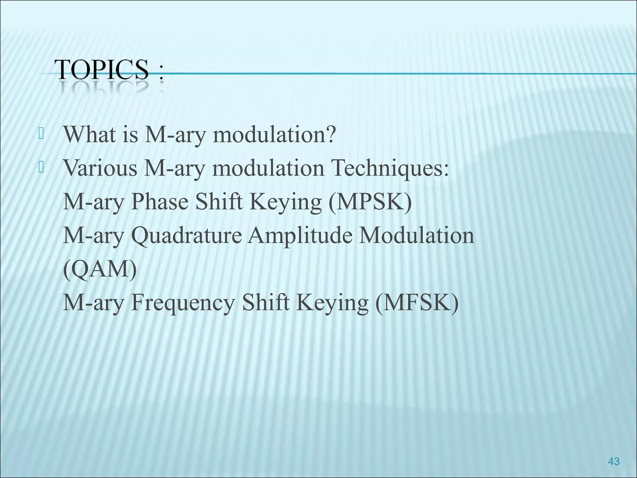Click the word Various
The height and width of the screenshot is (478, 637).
100,168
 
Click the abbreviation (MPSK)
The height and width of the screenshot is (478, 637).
370,202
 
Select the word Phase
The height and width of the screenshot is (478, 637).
160,202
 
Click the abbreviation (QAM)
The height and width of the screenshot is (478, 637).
100,269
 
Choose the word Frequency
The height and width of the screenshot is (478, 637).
183,303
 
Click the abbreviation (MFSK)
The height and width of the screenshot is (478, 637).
417,303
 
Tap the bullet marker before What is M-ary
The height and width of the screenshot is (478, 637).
40,134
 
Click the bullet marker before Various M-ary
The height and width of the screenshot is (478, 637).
40,168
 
